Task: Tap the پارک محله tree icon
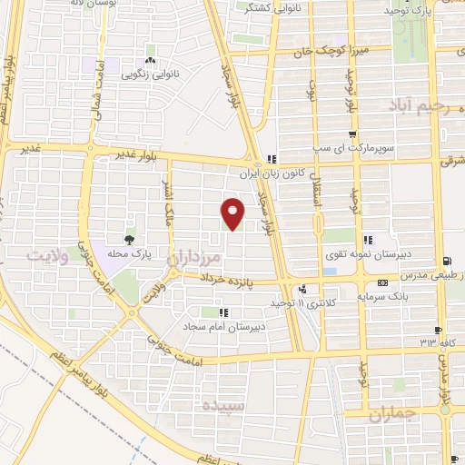pos(128,240)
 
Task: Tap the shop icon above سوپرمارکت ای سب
pos(351,134)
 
